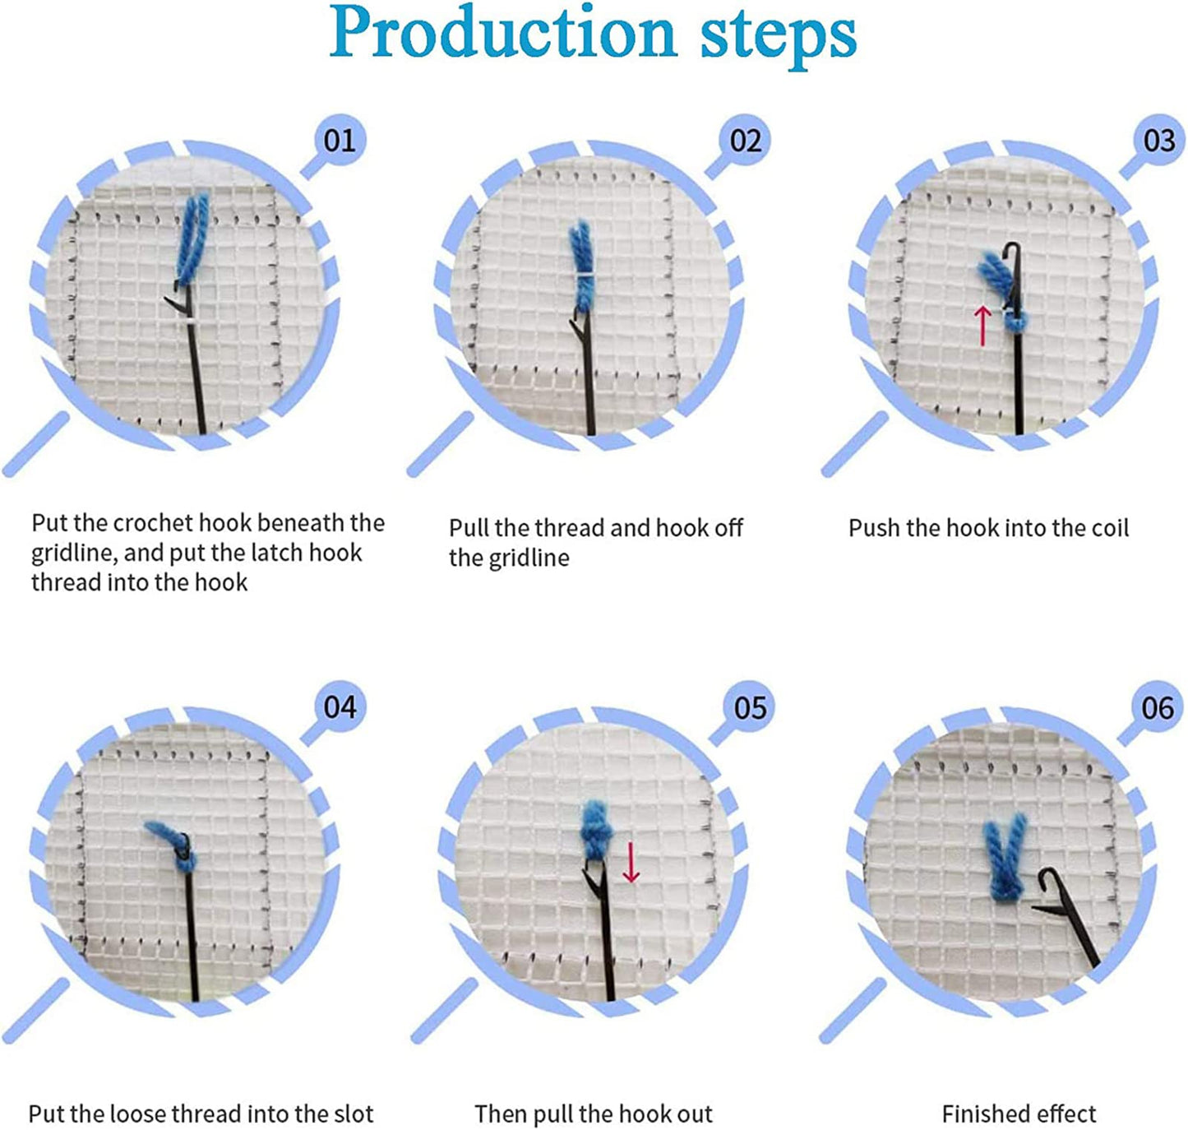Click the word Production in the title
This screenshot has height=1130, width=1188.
(502, 33)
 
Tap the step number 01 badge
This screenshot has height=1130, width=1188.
(340, 140)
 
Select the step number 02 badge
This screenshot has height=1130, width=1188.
(746, 141)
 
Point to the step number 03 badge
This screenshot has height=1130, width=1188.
(1159, 141)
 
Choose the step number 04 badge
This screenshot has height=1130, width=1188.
(340, 707)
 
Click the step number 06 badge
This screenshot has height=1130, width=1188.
(1158, 707)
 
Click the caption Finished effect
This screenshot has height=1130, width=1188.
(1019, 1114)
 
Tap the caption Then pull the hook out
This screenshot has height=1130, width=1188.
(594, 1114)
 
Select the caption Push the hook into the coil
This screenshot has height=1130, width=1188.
(988, 527)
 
